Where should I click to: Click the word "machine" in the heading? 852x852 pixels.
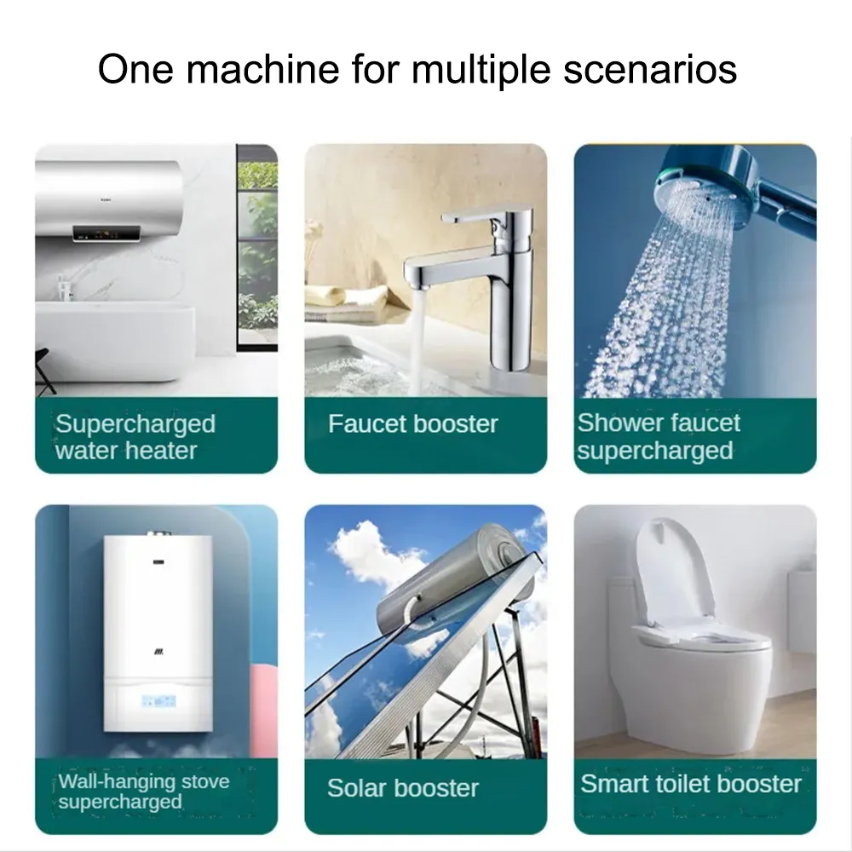pyautogui.click(x=262, y=69)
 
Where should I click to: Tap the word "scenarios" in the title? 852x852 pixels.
pyautogui.click(x=650, y=70)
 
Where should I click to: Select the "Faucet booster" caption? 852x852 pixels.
pyautogui.click(x=413, y=423)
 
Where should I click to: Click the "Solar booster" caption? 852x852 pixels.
pyautogui.click(x=403, y=788)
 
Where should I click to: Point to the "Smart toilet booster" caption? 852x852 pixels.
pyautogui.click(x=691, y=784)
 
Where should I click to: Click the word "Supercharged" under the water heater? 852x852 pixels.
pyautogui.click(x=135, y=424)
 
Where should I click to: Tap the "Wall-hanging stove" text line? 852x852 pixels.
pyautogui.click(x=144, y=781)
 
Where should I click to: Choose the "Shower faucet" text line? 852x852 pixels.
pyautogui.click(x=659, y=423)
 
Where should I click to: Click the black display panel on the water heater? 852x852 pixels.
pyautogui.click(x=106, y=233)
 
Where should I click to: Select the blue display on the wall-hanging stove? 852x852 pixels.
pyautogui.click(x=158, y=700)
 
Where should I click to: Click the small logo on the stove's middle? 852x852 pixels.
pyautogui.click(x=158, y=651)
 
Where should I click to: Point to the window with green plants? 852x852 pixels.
pyautogui.click(x=257, y=247)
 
